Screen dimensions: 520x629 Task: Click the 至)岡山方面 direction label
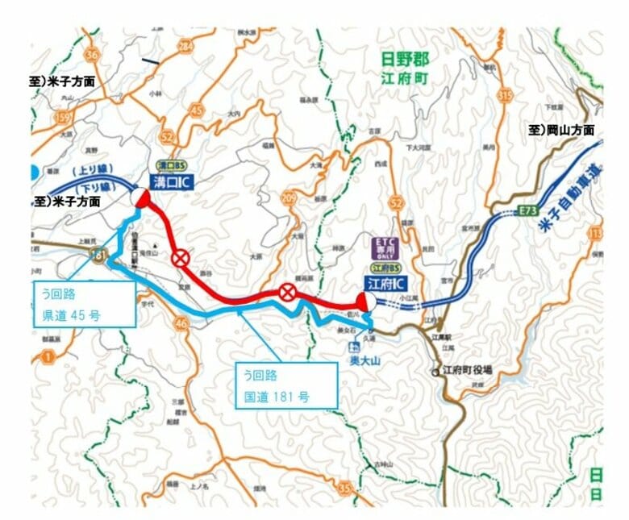coord(561,130)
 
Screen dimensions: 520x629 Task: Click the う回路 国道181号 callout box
coord(285,385)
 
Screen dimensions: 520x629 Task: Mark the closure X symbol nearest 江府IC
coord(287,293)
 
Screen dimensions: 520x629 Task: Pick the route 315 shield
coord(506,96)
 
